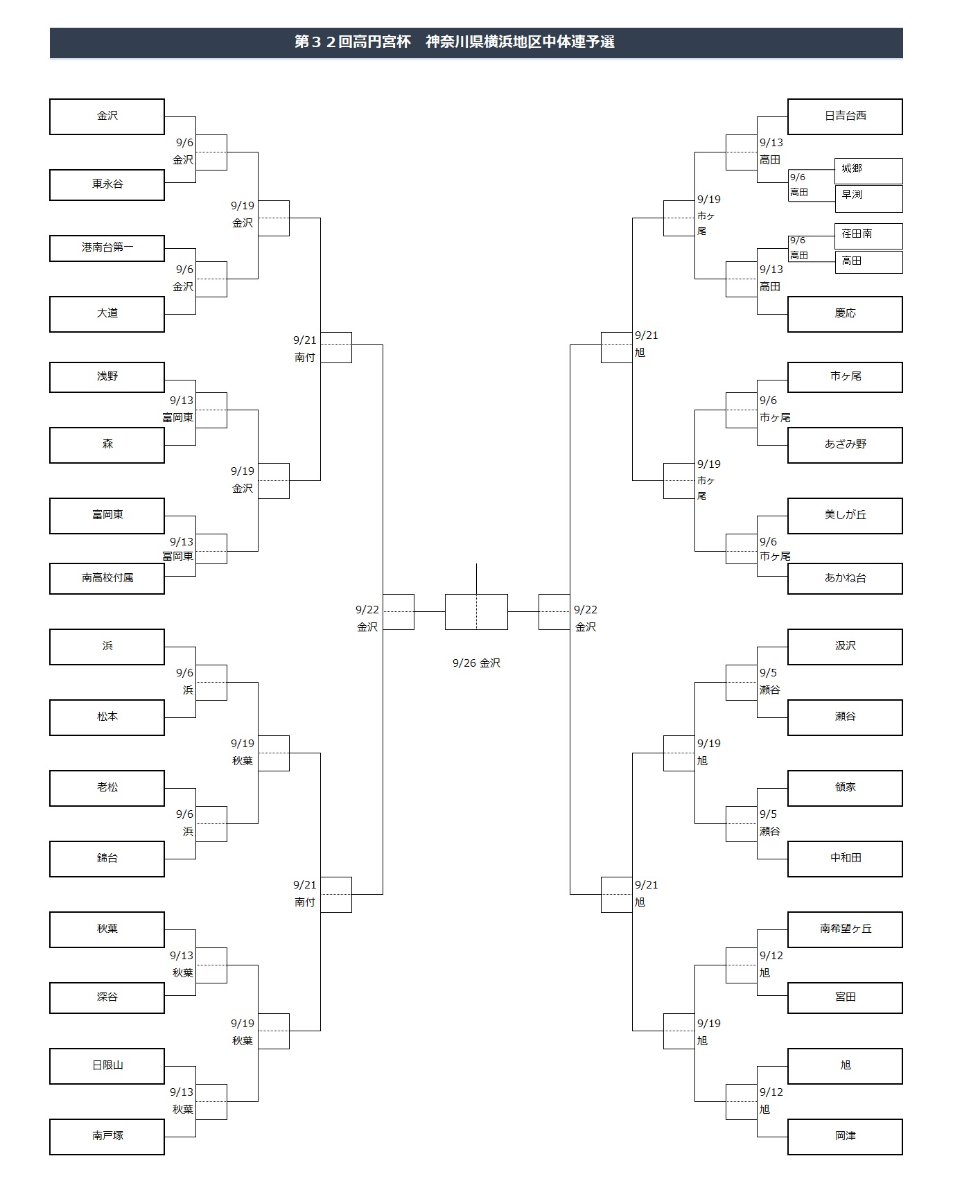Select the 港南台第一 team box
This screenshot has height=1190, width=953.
coord(107,248)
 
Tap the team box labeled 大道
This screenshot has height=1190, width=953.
coord(107,314)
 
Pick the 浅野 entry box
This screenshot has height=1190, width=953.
coord(107,377)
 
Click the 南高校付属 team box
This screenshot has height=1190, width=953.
coord(107,579)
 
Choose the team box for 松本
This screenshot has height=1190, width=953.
coord(107,717)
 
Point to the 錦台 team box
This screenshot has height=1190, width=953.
coord(107,859)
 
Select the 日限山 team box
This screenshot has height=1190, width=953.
coord(107,1066)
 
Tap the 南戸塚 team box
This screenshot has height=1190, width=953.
coord(107,1137)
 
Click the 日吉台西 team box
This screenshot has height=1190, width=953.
coord(845,116)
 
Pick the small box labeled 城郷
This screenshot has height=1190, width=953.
coord(868,170)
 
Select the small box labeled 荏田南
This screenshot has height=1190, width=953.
coord(868,236)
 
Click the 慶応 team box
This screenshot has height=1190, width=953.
coord(845,314)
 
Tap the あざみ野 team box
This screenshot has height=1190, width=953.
coord(845,445)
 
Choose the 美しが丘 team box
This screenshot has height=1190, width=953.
coord(845,516)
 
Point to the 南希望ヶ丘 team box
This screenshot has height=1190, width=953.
coord(845,929)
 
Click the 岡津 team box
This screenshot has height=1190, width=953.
coord(845,1137)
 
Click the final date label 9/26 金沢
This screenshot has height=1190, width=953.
coord(476,663)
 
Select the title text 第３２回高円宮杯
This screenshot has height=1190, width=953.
coord(353,42)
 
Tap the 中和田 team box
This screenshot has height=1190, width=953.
coord(845,859)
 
